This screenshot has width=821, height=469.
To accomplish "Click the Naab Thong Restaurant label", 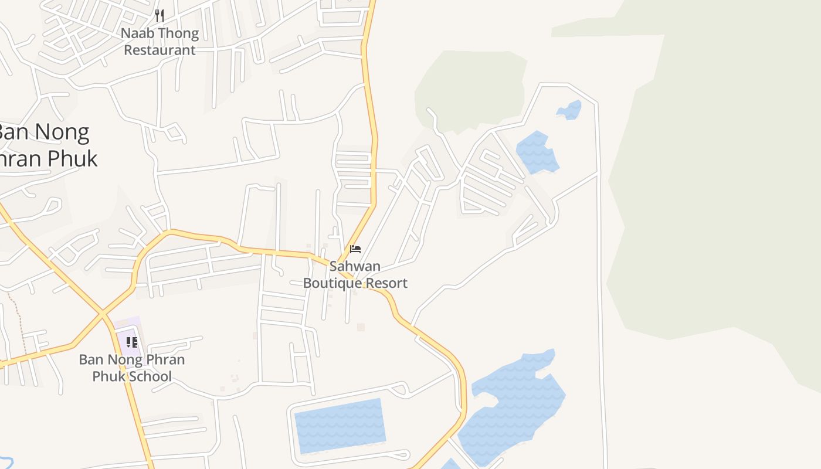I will (160, 42).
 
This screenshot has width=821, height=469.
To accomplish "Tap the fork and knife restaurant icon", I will (160, 15).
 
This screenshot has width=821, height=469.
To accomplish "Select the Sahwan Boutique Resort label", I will (355, 275).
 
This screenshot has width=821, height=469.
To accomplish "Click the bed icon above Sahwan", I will (355, 249).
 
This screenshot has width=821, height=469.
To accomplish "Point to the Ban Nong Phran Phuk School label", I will (132, 368).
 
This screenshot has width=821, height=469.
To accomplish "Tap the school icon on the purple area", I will (131, 342).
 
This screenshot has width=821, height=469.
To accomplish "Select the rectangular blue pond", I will (340, 426).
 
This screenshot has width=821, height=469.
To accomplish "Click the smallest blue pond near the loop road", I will (569, 110).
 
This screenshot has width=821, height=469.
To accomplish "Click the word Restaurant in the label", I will (160, 50).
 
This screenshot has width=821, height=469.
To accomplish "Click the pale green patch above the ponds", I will (472, 88).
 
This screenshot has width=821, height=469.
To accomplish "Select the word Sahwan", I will (355, 266).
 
